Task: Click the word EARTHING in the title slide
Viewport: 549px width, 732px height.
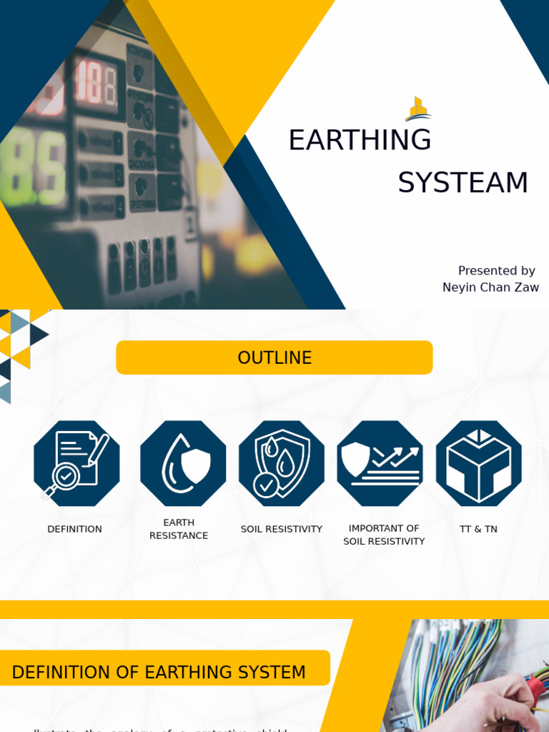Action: (360, 140)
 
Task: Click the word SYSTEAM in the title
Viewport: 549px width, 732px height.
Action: (463, 183)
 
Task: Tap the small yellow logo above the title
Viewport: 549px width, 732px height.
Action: (417, 109)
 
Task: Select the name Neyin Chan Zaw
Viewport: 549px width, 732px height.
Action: (490, 287)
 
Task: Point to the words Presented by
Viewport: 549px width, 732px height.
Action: (496, 271)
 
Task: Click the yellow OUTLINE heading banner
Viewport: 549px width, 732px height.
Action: (274, 357)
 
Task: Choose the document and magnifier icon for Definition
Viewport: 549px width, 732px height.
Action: (76, 463)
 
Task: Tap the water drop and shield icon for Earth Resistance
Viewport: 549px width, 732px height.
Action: (183, 463)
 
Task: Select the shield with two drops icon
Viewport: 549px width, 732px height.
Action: (281, 463)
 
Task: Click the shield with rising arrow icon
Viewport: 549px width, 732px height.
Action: (380, 463)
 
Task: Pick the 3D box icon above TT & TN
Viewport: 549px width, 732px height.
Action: (478, 463)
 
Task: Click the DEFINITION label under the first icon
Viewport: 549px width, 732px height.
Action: (74, 529)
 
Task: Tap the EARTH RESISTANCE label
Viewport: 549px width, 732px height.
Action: (179, 529)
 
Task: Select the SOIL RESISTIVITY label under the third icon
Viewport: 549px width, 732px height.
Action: (282, 529)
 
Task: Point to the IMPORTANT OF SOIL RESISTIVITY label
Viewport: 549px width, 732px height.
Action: (384, 535)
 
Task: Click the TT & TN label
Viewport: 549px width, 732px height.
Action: (478, 529)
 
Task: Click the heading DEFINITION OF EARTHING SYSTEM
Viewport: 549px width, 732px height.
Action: (159, 672)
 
